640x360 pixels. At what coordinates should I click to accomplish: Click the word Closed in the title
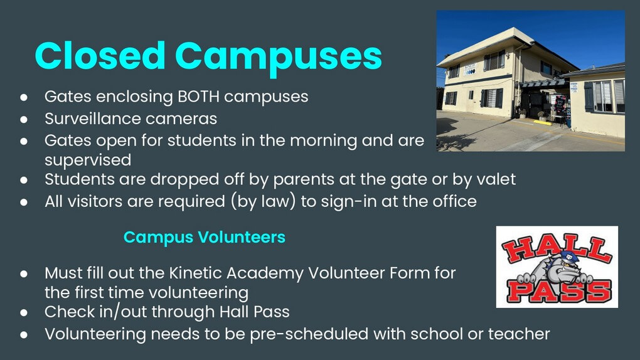(x=100, y=56)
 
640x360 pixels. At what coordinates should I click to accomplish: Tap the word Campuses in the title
(x=279, y=58)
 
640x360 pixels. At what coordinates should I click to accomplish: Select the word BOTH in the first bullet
(x=198, y=97)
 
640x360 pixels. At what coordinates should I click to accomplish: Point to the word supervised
(x=88, y=161)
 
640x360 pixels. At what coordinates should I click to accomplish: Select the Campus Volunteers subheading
(x=204, y=237)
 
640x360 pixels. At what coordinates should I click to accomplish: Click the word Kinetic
(x=195, y=273)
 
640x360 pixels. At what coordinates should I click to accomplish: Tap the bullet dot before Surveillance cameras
(x=24, y=119)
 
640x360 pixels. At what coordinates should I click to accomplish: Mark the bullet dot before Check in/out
(x=24, y=313)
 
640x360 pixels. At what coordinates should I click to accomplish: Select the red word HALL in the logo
(x=557, y=248)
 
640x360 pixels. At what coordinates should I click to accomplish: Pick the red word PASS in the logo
(x=559, y=290)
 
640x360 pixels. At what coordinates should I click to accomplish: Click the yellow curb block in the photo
(x=543, y=122)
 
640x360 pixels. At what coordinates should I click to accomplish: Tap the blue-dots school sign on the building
(x=470, y=70)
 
